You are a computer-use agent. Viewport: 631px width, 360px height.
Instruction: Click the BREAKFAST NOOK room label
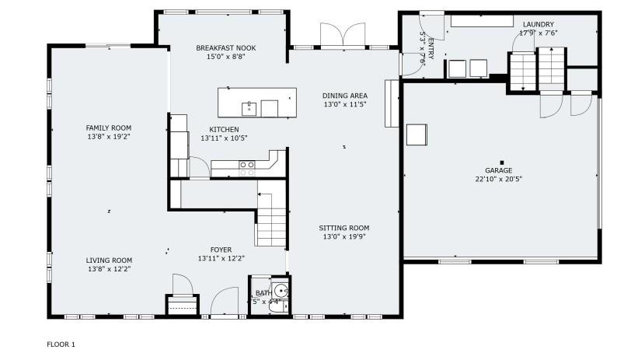tap(225, 48)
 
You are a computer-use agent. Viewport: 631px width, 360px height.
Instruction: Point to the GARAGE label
tap(498, 170)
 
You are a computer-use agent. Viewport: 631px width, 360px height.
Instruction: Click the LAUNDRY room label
tap(538, 25)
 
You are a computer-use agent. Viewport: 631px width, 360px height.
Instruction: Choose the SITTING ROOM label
tap(343, 229)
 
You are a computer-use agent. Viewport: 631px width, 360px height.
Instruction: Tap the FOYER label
tap(221, 250)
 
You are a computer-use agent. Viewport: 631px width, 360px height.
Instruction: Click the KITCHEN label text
tap(224, 130)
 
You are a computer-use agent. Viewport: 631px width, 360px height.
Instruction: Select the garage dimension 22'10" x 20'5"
tap(498, 179)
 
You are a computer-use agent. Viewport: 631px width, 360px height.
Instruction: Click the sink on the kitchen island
tap(249, 107)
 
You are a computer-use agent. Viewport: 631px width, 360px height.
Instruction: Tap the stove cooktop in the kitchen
tap(246, 164)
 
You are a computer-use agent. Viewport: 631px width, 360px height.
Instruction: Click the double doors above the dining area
tap(342, 36)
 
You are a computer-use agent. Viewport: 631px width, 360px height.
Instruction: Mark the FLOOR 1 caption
tap(61, 344)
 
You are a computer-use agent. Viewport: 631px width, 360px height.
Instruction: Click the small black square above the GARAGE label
tap(501, 162)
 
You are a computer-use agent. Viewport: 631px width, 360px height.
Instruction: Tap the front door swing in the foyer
tap(225, 302)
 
